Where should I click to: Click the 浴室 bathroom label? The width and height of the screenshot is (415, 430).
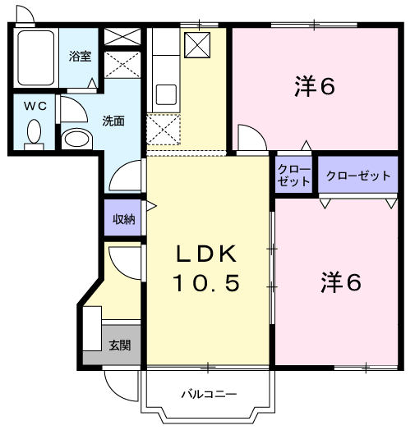pos(80,57)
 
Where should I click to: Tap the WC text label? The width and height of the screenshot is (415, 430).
pos(34,106)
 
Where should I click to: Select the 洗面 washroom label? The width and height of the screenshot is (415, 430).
pos(113,121)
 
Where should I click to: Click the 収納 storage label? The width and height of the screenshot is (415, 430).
pos(123,219)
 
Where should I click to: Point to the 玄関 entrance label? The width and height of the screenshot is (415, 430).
pos(120,345)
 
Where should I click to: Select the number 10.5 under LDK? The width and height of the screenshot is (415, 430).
pos(207,283)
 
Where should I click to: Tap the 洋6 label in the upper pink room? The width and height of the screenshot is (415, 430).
pos(314,86)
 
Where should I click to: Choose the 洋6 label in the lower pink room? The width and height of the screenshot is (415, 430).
pos(339,281)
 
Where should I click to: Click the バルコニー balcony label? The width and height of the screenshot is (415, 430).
pos(209,395)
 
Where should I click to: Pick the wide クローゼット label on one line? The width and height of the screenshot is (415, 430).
pos(358,176)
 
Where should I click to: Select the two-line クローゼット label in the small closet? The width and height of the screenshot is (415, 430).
pos(293,175)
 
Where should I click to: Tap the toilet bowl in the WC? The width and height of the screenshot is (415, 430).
pos(35,132)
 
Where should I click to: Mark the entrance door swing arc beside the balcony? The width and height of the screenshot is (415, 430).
pos(118,381)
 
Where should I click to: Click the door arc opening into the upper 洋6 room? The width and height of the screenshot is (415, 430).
pos(251,138)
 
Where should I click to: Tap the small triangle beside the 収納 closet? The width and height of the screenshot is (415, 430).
pos(150,205)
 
